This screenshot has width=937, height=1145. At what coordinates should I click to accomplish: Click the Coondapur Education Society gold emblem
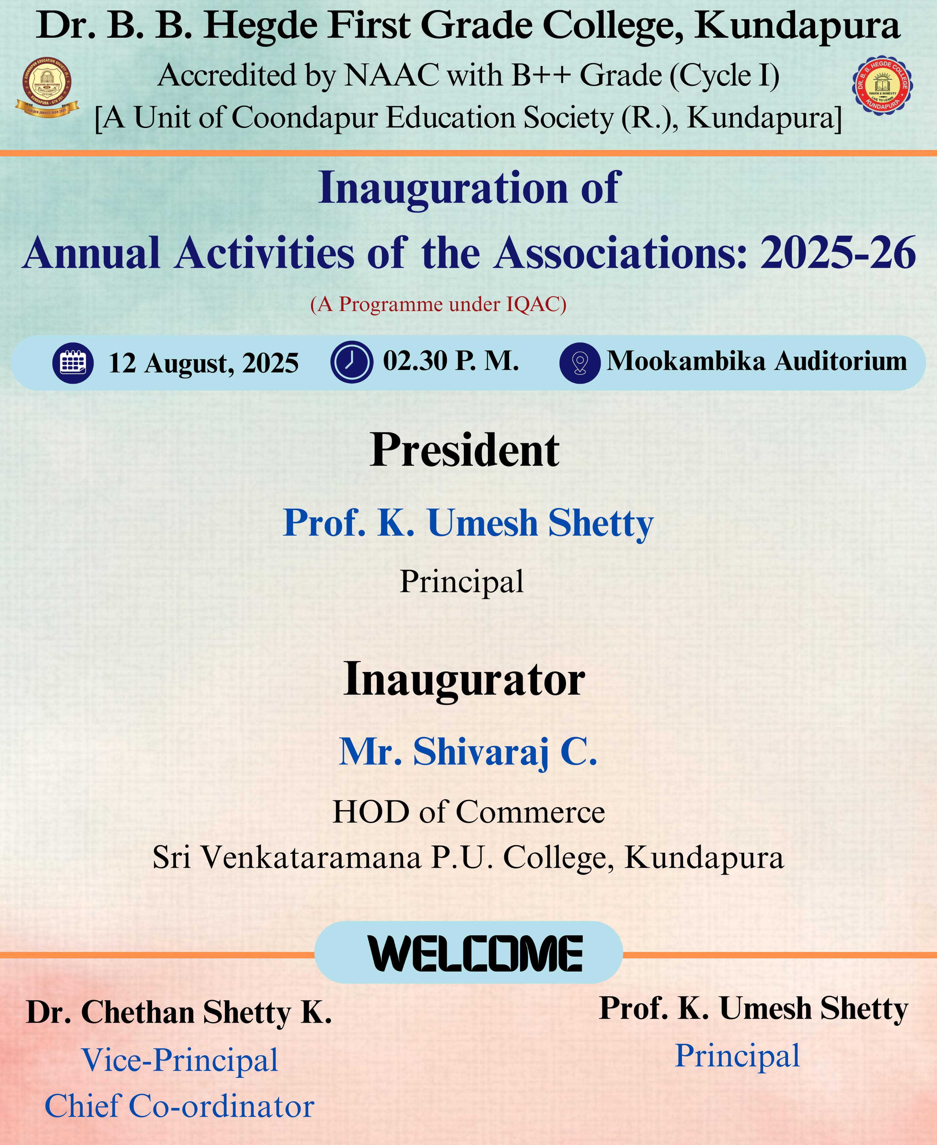coord(46,86)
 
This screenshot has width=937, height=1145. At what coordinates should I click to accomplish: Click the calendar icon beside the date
coord(73,363)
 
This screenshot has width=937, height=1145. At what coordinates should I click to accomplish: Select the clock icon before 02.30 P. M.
coord(351,362)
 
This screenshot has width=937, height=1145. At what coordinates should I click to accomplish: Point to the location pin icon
coord(580,363)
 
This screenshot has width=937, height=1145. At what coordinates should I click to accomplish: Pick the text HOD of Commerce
coord(469,812)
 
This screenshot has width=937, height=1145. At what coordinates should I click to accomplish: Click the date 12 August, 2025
coord(204,363)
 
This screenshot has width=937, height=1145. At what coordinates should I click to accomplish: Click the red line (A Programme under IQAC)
coord(438,305)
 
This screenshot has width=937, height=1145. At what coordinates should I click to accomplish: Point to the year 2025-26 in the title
coord(838,253)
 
